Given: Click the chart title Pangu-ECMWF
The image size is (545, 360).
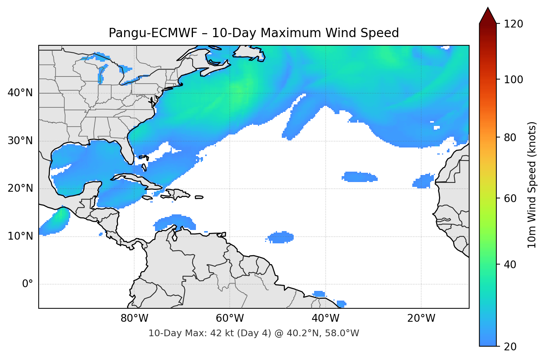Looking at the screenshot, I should (254, 33).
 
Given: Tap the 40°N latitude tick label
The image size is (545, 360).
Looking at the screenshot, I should (20, 93).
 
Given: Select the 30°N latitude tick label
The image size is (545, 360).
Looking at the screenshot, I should (20, 141).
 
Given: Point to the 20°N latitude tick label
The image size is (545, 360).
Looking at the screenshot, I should (20, 188).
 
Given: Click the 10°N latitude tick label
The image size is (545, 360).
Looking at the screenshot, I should (20, 236).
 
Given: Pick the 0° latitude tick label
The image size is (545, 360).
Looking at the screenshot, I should (28, 284).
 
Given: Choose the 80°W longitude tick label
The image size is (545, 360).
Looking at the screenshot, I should (134, 318).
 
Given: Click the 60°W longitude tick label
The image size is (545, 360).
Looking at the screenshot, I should (230, 318).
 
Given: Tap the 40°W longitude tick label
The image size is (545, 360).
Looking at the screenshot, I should (325, 318).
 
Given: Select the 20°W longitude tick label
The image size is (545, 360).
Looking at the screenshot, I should (421, 318).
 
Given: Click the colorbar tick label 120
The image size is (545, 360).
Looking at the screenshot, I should (513, 24).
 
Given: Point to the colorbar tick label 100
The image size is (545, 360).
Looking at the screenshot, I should (513, 80).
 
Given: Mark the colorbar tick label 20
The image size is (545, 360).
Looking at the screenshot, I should (510, 347).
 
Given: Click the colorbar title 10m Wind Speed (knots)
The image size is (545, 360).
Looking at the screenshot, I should (532, 185).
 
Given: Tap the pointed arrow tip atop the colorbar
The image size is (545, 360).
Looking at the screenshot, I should (488, 9).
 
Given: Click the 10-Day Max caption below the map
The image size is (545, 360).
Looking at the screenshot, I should (254, 333).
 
